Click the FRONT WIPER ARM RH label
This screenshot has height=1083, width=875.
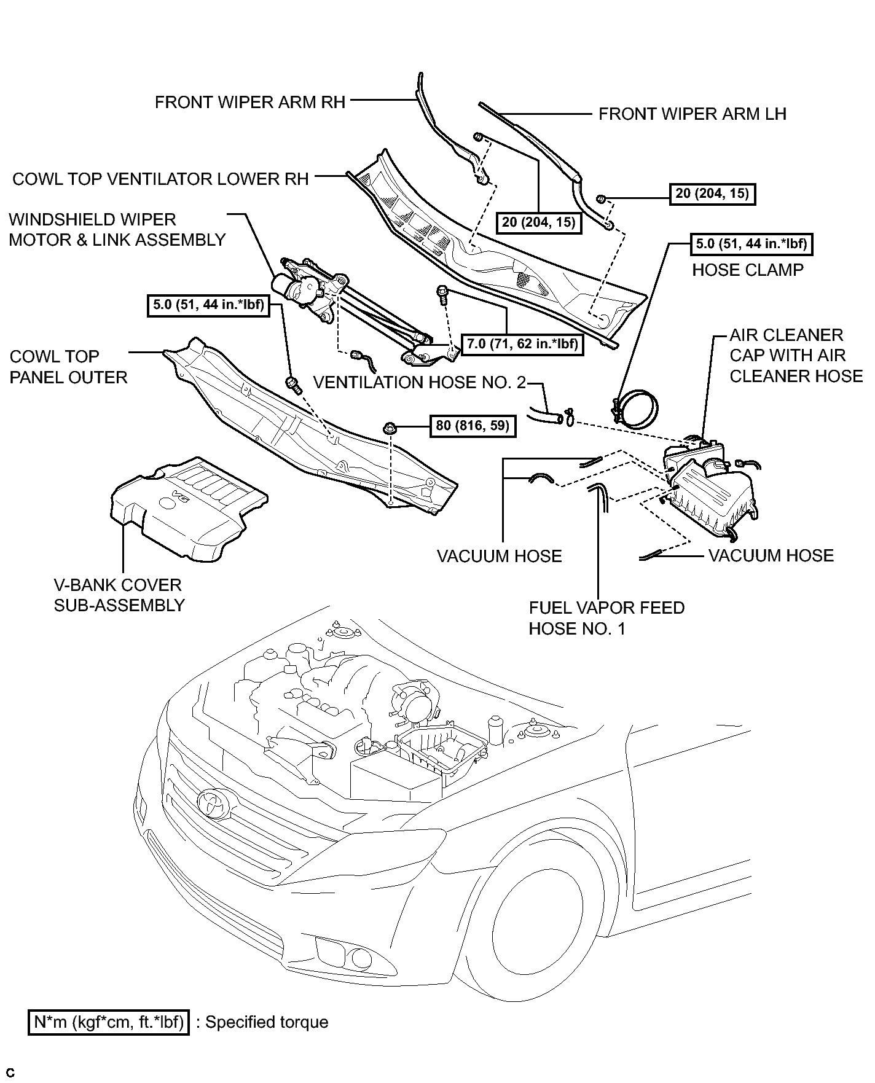[x=250, y=102]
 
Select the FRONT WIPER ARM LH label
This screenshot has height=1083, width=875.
[x=693, y=114]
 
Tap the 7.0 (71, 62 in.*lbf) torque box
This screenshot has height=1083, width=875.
[x=522, y=344]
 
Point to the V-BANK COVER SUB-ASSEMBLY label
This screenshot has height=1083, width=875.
[x=119, y=595]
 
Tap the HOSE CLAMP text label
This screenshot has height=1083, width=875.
[x=748, y=270]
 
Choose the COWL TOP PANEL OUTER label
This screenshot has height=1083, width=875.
[x=68, y=367]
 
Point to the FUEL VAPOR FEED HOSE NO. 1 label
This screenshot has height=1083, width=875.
[x=606, y=618]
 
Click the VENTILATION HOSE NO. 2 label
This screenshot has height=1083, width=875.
[x=420, y=383]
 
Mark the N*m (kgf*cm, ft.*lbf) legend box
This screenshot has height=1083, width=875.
[x=109, y=1022]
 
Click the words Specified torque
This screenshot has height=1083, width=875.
[x=267, y=1022]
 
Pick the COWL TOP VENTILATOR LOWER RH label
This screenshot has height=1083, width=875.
[x=160, y=179]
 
